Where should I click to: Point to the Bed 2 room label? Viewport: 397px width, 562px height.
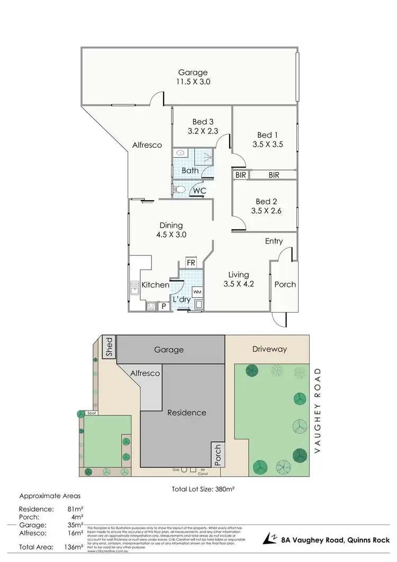266,202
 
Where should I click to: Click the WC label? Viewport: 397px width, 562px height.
200,190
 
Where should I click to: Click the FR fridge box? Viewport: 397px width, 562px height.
191,263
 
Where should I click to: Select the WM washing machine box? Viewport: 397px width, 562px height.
197,292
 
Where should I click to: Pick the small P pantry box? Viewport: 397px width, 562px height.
164,306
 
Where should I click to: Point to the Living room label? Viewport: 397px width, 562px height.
238,274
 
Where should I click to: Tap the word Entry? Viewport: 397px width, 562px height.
274,242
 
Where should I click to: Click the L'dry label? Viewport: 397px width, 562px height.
181,299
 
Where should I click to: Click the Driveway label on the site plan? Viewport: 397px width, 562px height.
269,349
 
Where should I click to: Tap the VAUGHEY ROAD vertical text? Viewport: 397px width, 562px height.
318,410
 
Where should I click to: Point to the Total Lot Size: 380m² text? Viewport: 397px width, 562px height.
203,489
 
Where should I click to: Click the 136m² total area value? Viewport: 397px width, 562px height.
74,546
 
